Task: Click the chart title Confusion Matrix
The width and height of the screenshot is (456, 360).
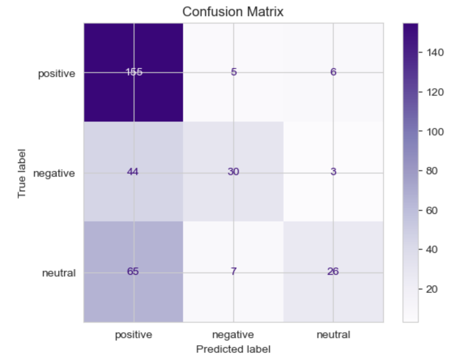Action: [x=233, y=12]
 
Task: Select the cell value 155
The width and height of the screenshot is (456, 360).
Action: [x=134, y=73]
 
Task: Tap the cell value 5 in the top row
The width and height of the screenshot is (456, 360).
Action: [x=233, y=73]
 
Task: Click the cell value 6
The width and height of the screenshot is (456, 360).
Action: [x=333, y=73]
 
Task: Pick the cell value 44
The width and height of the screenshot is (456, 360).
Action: [x=134, y=172]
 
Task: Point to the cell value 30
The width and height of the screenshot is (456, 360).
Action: [x=233, y=172]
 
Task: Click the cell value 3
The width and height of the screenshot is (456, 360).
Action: [x=333, y=172]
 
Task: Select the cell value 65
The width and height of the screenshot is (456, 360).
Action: [x=134, y=272]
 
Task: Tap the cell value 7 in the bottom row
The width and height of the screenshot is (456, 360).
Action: [x=233, y=272]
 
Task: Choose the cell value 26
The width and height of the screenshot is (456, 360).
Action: [x=333, y=272]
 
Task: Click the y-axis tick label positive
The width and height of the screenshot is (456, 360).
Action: [x=57, y=74]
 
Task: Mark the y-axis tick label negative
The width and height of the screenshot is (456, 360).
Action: [x=54, y=174]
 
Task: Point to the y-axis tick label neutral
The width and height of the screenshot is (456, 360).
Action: [x=59, y=273]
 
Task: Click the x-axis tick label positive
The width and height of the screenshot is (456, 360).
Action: [x=134, y=335]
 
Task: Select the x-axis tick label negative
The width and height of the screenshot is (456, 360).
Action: [x=233, y=335]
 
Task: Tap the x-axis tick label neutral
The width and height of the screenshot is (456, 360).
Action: [x=333, y=335]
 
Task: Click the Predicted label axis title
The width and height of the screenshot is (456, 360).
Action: [x=233, y=349]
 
